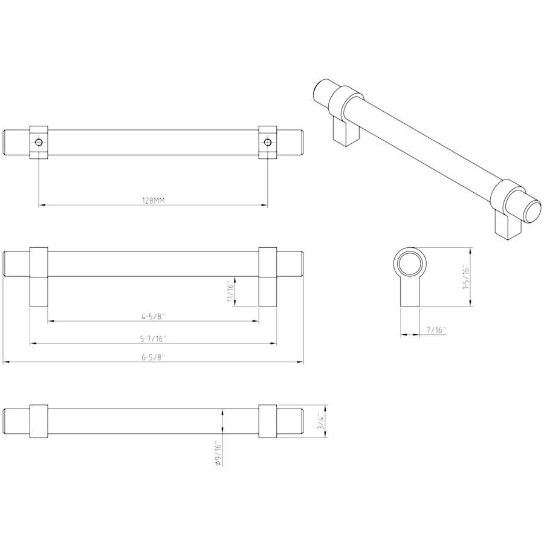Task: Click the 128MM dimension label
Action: (154, 200)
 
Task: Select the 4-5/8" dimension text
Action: (154, 316)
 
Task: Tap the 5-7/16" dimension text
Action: (154, 338)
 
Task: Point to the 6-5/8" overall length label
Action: (153, 357)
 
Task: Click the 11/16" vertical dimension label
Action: (231, 291)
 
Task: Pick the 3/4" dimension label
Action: (322, 421)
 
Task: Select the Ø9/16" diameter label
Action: (218, 454)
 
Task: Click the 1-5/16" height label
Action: (466, 277)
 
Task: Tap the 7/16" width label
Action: (436, 329)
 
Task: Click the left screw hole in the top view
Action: (39, 142)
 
